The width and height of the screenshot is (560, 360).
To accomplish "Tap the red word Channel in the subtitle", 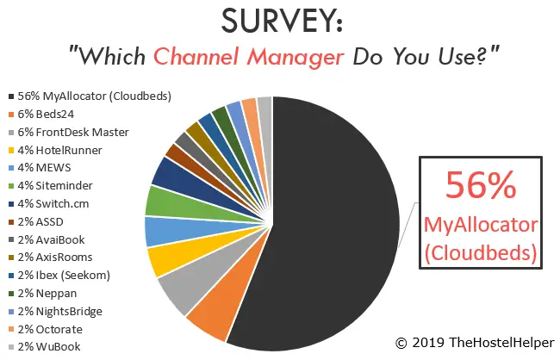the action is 196,57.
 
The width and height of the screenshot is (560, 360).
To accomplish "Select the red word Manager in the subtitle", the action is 296,58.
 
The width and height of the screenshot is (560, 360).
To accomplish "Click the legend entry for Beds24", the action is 41,115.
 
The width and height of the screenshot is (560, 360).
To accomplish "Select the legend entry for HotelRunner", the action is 55,150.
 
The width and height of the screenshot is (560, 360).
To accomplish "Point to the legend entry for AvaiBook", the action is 47,239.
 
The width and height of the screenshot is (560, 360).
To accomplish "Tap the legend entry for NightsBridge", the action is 55,312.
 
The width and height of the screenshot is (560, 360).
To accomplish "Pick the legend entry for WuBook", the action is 45,347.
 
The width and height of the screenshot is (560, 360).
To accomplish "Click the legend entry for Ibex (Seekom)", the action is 59,276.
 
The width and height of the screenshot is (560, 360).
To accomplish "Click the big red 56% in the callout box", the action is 481,184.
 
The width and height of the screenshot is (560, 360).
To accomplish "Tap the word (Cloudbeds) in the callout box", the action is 481,253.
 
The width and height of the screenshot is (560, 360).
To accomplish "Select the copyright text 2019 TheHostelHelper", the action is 482,343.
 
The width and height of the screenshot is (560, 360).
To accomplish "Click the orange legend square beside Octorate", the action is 11,329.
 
